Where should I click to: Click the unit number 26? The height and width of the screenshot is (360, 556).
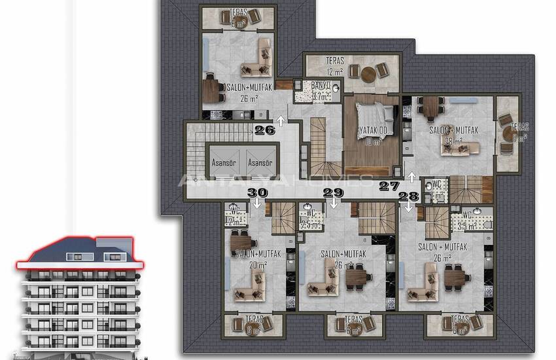(265, 130)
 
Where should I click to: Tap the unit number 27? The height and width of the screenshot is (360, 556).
(390, 186)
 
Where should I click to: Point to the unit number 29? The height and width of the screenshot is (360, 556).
(334, 192)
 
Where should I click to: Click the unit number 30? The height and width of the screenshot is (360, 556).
(258, 192)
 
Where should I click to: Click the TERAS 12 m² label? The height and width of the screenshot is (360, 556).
(334, 65)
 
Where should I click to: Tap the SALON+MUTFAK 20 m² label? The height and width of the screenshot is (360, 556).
(253, 257)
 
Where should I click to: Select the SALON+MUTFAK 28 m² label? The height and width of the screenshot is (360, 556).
(454, 135)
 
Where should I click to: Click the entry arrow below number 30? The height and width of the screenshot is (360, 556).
(258, 203)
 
